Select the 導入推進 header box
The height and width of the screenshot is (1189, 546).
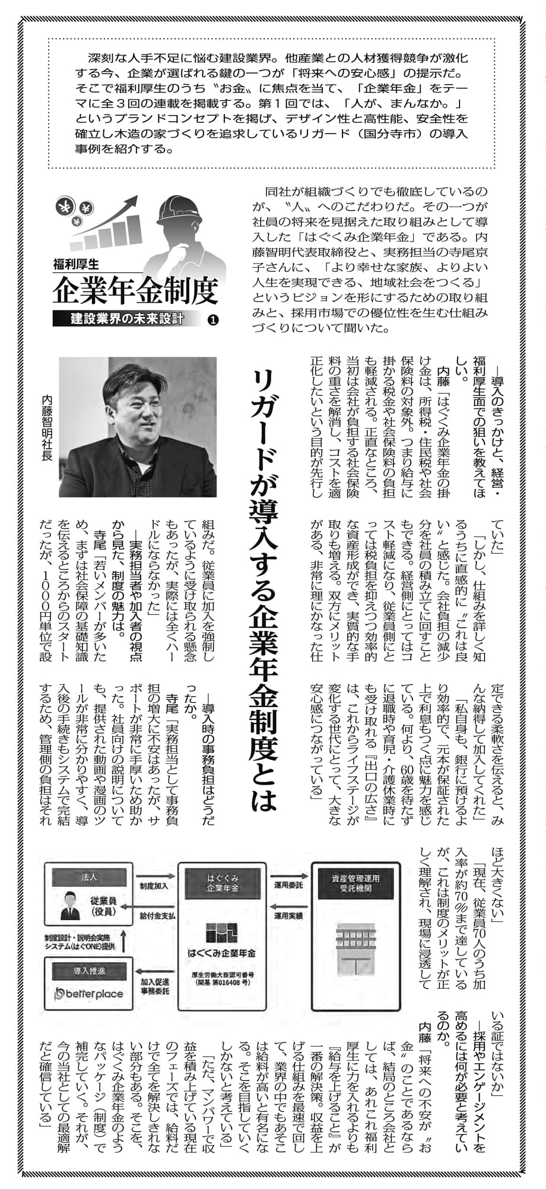tap(89, 971)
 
